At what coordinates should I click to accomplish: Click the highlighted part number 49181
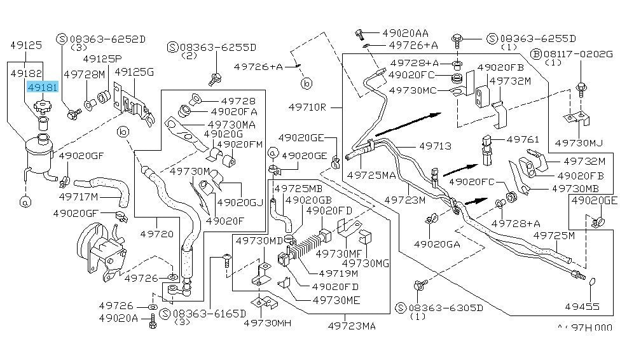point(41,88)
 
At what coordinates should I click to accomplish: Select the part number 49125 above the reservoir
point(26,46)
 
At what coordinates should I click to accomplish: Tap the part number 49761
point(523,139)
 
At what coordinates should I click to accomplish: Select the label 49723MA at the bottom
point(352,326)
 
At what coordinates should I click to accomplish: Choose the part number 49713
point(435,146)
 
